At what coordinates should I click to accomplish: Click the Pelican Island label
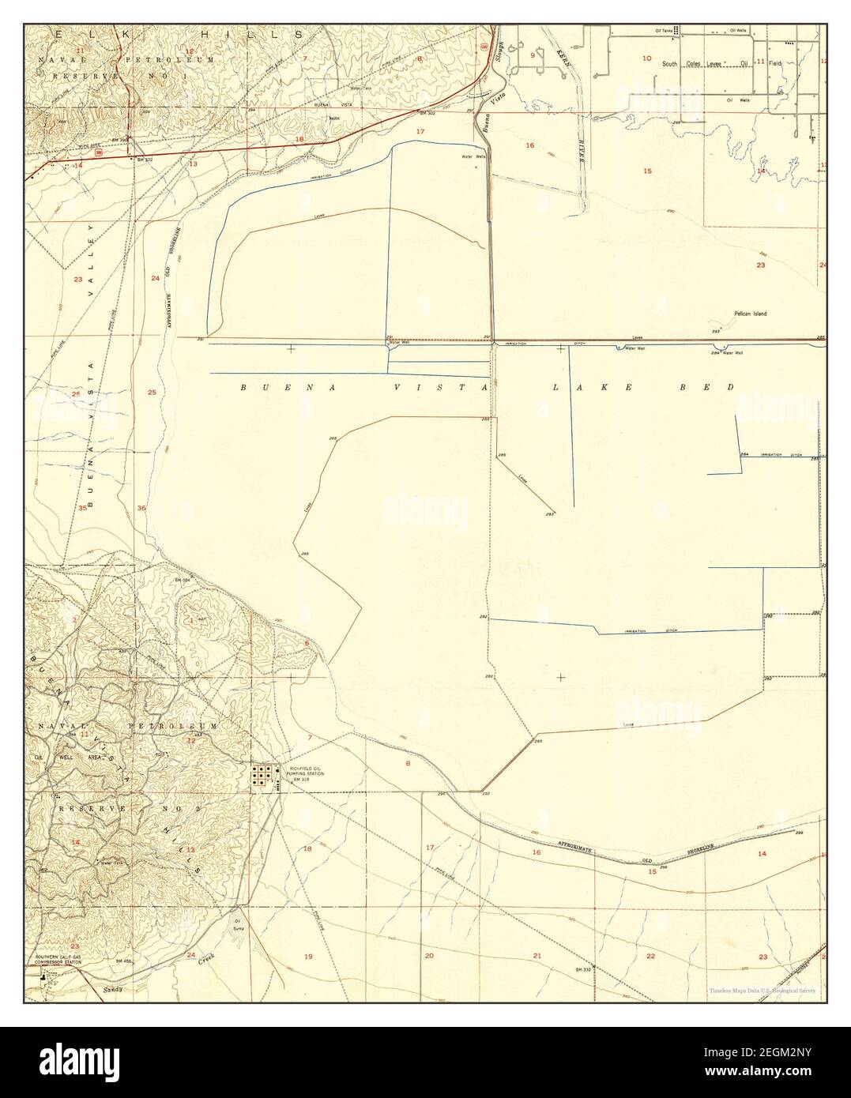click(750, 314)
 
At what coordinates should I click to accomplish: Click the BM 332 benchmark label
click(584, 968)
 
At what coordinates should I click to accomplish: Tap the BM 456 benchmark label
click(122, 961)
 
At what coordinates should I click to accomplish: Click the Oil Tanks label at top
click(663, 30)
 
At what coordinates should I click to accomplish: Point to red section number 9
click(533, 55)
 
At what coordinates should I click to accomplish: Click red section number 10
click(647, 58)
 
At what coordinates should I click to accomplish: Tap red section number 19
click(308, 956)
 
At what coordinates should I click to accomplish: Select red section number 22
click(650, 956)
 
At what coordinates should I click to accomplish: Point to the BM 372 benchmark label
click(143, 160)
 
